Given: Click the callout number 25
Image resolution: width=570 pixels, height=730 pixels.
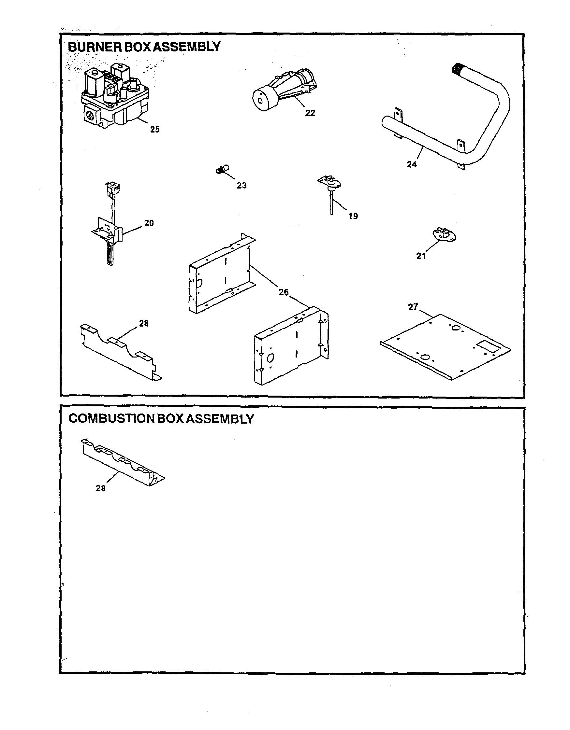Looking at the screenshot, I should (x=154, y=129).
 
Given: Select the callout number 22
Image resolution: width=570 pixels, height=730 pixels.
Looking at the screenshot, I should (x=310, y=113).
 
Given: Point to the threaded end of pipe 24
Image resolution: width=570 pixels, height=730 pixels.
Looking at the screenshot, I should (x=457, y=69).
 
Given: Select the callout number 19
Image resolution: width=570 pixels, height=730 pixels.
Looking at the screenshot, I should (x=353, y=216).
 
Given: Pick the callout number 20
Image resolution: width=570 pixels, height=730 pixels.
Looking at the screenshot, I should (x=149, y=223).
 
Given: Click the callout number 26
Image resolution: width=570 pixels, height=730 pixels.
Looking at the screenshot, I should (x=283, y=292).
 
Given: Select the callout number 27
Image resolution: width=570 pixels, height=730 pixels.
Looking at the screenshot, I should (x=413, y=306).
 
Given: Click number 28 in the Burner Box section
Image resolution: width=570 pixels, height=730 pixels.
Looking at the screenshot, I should (x=143, y=323).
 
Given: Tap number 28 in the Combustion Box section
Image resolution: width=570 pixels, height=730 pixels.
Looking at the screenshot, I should (x=101, y=488).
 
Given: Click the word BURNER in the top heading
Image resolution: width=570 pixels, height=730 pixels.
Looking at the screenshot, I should (x=95, y=47).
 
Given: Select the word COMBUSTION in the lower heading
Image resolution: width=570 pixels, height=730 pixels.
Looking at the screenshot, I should (x=111, y=418).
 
